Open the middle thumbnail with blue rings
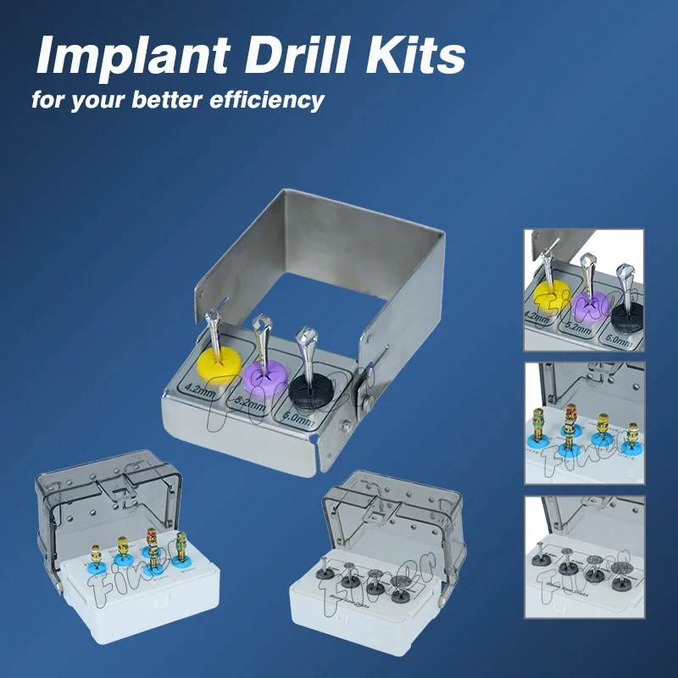[x=584, y=423]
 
